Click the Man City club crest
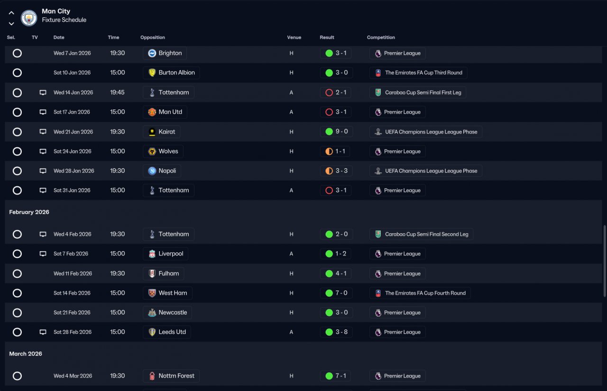click(x=29, y=18)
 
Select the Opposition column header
click(x=153, y=37)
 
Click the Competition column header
click(x=381, y=37)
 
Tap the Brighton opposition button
click(x=165, y=53)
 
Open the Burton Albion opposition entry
click(x=171, y=73)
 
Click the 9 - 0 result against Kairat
click(x=336, y=132)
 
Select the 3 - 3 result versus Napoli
click(x=336, y=171)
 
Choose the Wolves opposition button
click(x=163, y=151)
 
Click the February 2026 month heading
click(x=29, y=212)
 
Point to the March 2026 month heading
click(x=26, y=354)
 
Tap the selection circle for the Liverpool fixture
click(x=17, y=254)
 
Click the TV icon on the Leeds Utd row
click(x=43, y=332)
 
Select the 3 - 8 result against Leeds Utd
click(x=336, y=332)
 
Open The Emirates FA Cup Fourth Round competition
click(x=420, y=293)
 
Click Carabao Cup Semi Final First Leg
click(x=418, y=92)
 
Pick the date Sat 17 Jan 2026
click(x=72, y=112)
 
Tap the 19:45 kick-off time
click(x=117, y=92)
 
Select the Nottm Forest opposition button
click(x=171, y=376)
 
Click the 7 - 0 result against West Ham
click(x=336, y=293)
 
